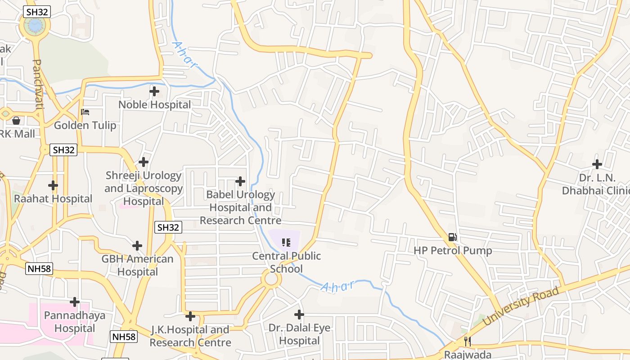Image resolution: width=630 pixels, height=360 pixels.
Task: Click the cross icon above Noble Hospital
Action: [x=154, y=91]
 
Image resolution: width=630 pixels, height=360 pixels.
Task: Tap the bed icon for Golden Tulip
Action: [x=85, y=112]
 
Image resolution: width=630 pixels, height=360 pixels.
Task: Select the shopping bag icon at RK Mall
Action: [x=16, y=121]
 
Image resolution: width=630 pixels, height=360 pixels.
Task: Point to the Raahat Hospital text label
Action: [x=53, y=198]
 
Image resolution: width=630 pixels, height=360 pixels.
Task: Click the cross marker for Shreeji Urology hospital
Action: [x=144, y=162]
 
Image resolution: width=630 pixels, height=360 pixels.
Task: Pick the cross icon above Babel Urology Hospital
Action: [x=241, y=181]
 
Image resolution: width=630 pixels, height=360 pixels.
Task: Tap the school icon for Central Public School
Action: [x=286, y=243]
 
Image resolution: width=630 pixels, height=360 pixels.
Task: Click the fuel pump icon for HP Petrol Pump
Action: [x=453, y=237]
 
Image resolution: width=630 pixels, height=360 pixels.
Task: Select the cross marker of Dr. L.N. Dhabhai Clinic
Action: [x=597, y=164]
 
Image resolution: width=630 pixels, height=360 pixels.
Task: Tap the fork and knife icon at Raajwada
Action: [x=468, y=342]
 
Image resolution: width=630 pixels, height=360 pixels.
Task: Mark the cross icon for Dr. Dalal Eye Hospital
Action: [x=299, y=314]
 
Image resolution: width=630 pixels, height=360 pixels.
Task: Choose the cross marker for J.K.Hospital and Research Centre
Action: [x=190, y=316]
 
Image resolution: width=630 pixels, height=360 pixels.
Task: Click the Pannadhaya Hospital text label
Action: [x=75, y=321]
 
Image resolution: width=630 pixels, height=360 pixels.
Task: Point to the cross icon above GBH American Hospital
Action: [x=137, y=246]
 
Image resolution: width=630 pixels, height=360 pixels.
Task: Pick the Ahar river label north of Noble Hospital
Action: [x=185, y=55]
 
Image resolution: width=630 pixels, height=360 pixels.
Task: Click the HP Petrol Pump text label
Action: [x=453, y=251]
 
